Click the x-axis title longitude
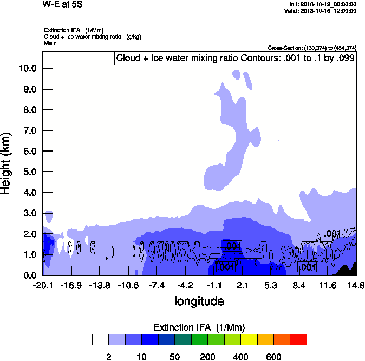199,301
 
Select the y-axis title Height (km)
6,163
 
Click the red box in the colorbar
298,340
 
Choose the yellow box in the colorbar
249,340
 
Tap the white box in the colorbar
100,340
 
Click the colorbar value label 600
273,357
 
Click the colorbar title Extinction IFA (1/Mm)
199,327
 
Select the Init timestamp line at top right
323,4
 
